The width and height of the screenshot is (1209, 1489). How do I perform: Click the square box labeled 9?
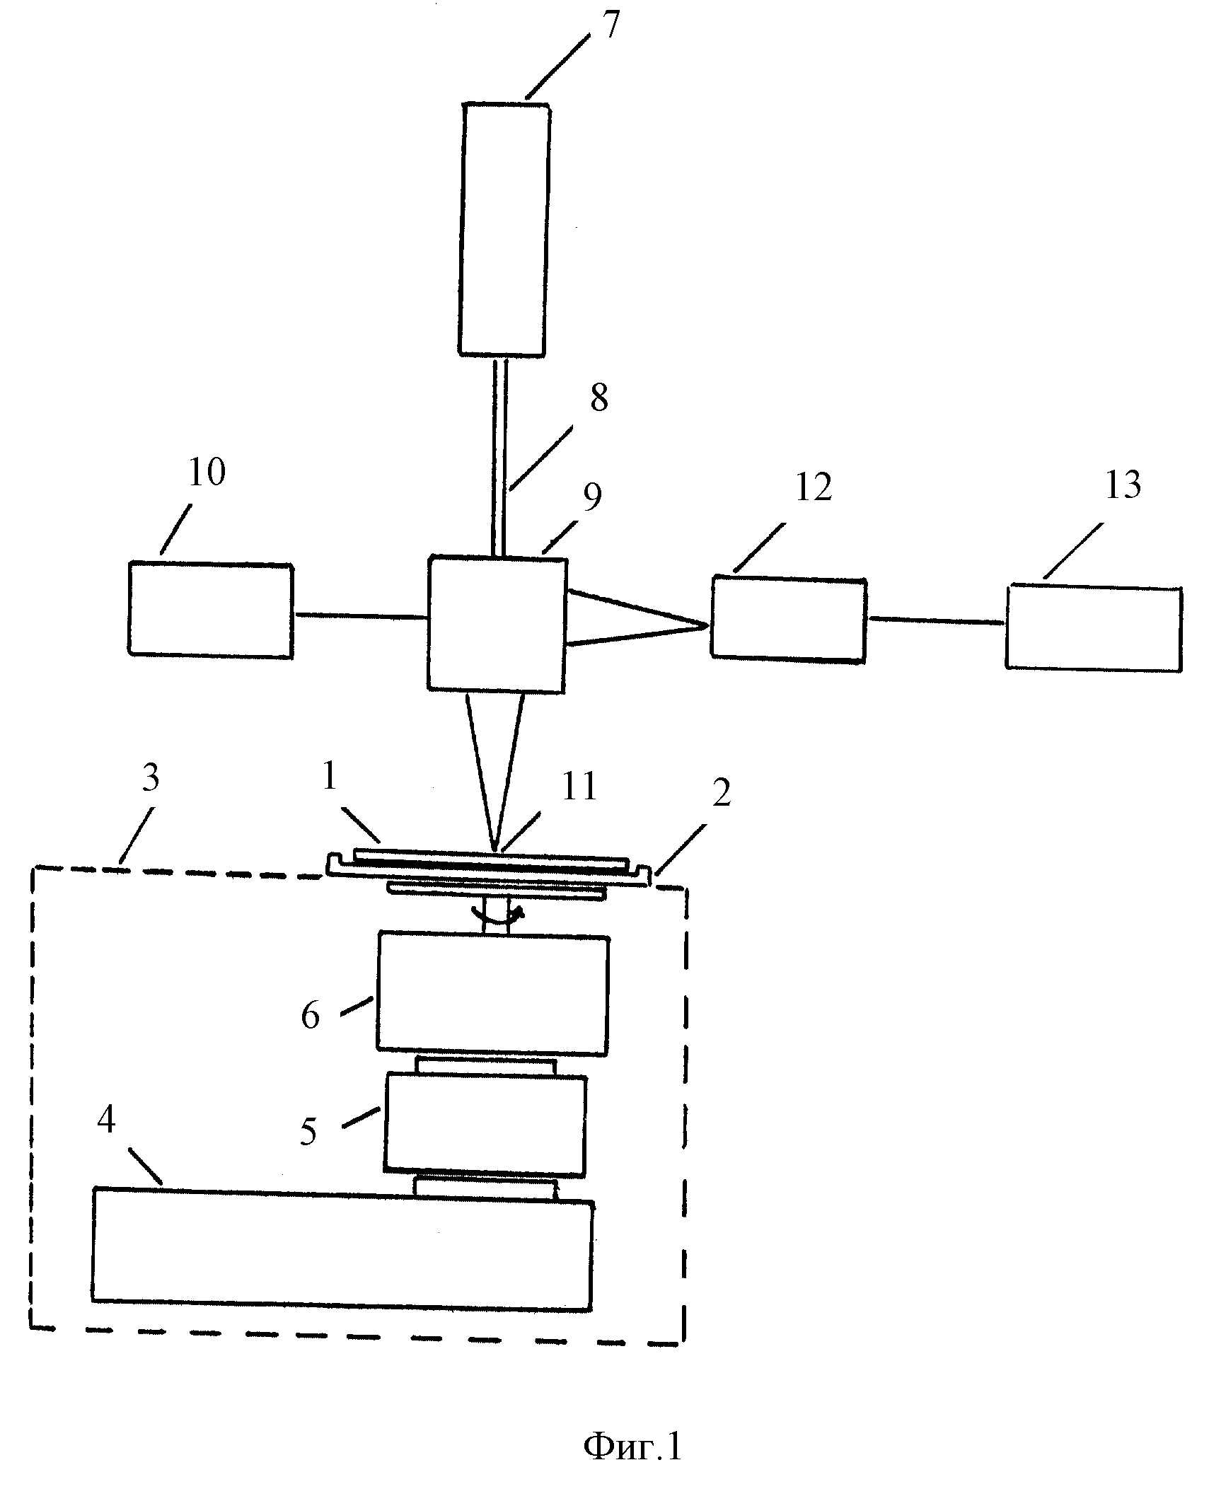point(497,623)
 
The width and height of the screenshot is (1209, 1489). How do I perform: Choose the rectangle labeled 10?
point(210,610)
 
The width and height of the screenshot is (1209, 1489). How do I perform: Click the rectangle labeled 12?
point(788,619)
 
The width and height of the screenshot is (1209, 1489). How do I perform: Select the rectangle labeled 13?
point(1094,627)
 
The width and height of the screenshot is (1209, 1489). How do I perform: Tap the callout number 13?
point(1122,485)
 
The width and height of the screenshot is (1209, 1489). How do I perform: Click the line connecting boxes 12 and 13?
point(936,620)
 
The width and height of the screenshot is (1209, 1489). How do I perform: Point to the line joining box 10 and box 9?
point(360,616)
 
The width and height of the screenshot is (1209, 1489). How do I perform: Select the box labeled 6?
point(492,993)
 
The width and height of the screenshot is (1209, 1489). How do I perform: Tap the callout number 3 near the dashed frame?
point(151,778)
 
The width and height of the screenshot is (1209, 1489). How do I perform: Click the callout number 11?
point(579,786)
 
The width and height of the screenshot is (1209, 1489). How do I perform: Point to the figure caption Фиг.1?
point(632,1446)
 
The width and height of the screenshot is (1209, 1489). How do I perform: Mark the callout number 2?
point(722,793)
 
